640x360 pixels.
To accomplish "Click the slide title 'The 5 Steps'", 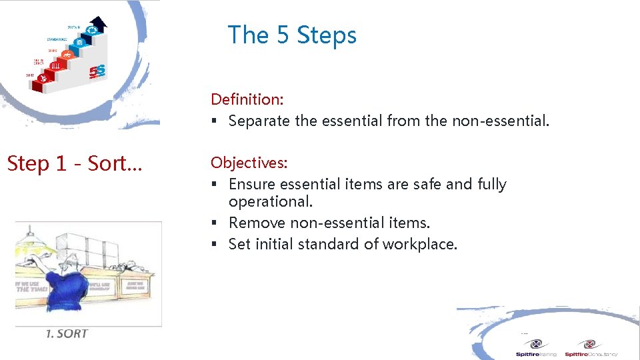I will [x=292, y=35].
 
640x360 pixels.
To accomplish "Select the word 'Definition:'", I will [x=247, y=99].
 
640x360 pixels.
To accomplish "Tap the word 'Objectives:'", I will [x=249, y=163].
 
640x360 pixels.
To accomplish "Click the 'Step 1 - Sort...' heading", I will [x=73, y=163].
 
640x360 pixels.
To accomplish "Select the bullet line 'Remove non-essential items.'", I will [x=329, y=223].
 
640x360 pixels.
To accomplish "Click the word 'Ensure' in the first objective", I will [x=251, y=184].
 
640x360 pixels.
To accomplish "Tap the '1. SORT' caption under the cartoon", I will [x=67, y=333].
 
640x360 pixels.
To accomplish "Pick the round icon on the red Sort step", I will [x=43, y=78].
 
